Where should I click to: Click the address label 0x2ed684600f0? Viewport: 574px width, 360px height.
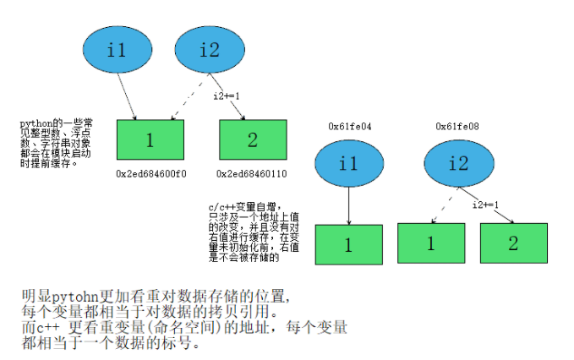(x=150, y=173)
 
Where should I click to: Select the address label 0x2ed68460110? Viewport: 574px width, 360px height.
(x=251, y=173)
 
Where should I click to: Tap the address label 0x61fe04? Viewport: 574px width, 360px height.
(x=350, y=126)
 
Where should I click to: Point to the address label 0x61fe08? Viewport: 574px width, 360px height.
(x=456, y=126)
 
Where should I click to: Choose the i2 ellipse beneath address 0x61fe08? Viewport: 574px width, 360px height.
(x=456, y=163)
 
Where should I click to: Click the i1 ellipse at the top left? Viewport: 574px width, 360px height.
(x=118, y=51)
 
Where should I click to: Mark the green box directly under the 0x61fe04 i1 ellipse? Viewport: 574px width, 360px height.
(x=348, y=245)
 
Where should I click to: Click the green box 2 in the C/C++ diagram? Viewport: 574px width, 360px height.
(x=513, y=244)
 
